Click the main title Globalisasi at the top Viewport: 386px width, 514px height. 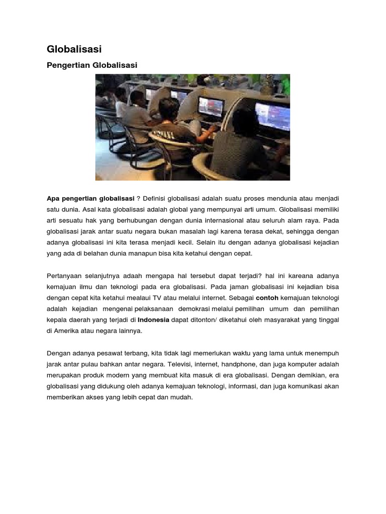tap(74, 49)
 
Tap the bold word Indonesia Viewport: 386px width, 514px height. tap(153, 320)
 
